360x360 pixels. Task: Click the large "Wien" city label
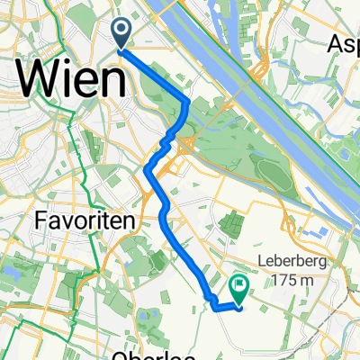coord(70,81)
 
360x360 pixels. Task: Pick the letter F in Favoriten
coord(40,220)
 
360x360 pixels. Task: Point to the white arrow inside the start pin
coord(121,31)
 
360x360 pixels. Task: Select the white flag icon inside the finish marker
coord(239,286)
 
